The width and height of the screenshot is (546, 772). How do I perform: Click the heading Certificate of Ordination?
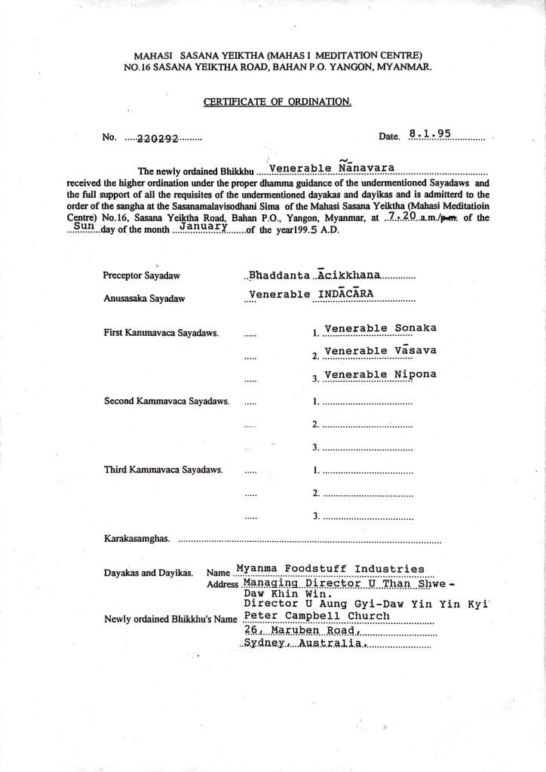[x=278, y=102]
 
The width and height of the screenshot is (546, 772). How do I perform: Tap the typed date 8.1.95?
[x=429, y=134]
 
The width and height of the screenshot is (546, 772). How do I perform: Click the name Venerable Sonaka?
[x=379, y=328]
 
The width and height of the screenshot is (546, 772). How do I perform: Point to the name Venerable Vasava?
[x=379, y=350]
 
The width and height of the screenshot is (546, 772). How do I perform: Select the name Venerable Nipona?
[x=379, y=374]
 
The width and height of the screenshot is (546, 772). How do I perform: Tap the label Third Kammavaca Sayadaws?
[x=163, y=469]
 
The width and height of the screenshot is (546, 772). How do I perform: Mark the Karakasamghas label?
[x=136, y=539]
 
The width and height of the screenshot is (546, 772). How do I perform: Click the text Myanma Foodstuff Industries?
[x=330, y=569]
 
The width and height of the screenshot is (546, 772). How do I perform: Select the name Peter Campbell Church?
[x=317, y=616]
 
